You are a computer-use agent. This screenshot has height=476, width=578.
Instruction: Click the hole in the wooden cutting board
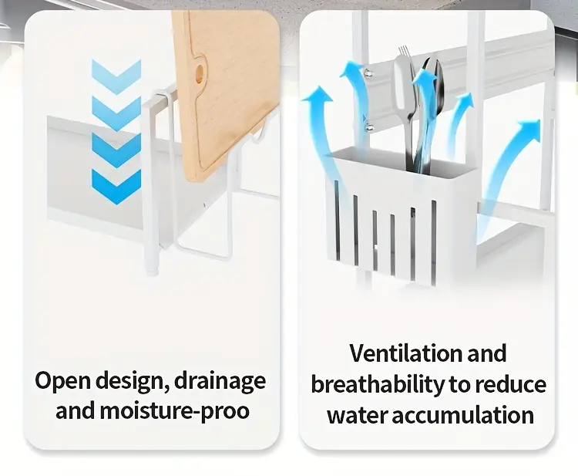tap(200, 73)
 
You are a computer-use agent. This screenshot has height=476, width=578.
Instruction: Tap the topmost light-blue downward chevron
tap(116, 76)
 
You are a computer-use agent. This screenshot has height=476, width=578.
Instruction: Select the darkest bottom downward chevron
tap(116, 187)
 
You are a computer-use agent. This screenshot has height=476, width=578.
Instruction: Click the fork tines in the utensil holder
tap(405, 52)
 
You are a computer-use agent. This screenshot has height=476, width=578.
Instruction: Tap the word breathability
tap(378, 384)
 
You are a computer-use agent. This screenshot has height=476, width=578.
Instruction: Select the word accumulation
tap(462, 415)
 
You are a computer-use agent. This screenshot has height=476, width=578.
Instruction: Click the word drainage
tap(220, 381)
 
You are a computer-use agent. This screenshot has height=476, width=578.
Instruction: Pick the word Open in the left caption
tap(62, 382)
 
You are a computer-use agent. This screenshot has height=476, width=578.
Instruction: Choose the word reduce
tap(510, 384)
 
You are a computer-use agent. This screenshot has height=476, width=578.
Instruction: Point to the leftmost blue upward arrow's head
tap(317, 94)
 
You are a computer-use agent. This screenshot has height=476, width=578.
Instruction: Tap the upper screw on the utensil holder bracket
tap(367, 72)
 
